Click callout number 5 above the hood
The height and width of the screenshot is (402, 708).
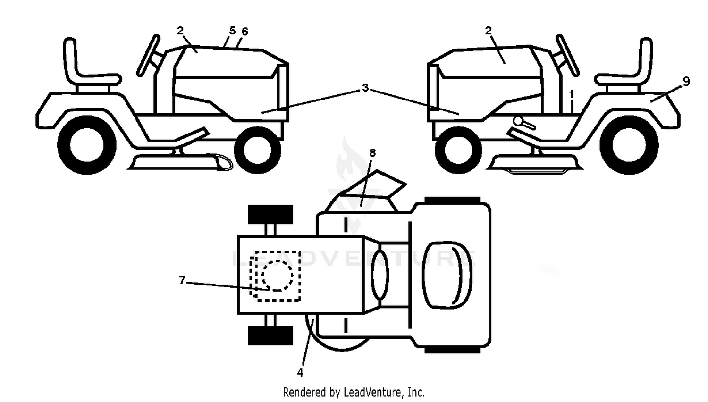pos(232,31)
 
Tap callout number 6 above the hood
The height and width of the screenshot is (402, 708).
pos(244,32)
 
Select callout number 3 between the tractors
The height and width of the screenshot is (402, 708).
pos(365,88)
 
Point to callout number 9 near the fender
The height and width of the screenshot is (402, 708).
pos(686,82)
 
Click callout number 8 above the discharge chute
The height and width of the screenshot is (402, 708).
pos(372,153)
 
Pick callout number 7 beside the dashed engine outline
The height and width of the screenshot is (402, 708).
pos(182,280)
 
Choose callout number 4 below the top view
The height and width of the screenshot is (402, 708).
pos(300,373)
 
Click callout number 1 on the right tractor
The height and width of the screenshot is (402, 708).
pos(571,94)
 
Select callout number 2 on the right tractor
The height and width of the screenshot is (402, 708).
pos(489,31)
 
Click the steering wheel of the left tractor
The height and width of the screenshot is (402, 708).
pos(148,56)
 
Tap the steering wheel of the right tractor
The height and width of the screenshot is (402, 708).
pos(567,56)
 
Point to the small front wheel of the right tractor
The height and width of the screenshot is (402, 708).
pos(458,150)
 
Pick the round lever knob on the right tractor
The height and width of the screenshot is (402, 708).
pos(519,121)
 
